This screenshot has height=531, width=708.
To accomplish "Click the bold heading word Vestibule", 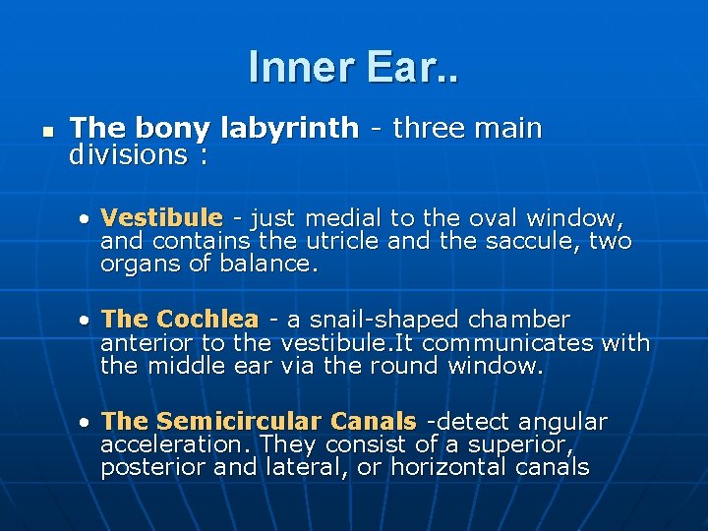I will coord(162,217).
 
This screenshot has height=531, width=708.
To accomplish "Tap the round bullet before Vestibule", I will coord(87,218).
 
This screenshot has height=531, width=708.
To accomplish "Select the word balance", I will coord(267,265).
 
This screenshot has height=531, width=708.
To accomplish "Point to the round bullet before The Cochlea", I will coord(87,321).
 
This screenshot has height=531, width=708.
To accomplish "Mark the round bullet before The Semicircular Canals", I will coord(87,423).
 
